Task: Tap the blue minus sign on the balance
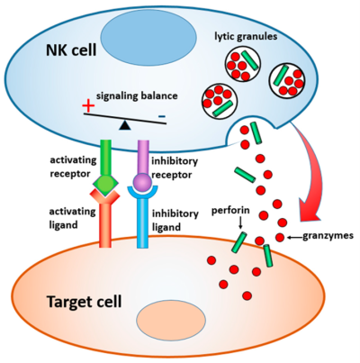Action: [x=162, y=116]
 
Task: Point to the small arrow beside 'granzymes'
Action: [x=290, y=239]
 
